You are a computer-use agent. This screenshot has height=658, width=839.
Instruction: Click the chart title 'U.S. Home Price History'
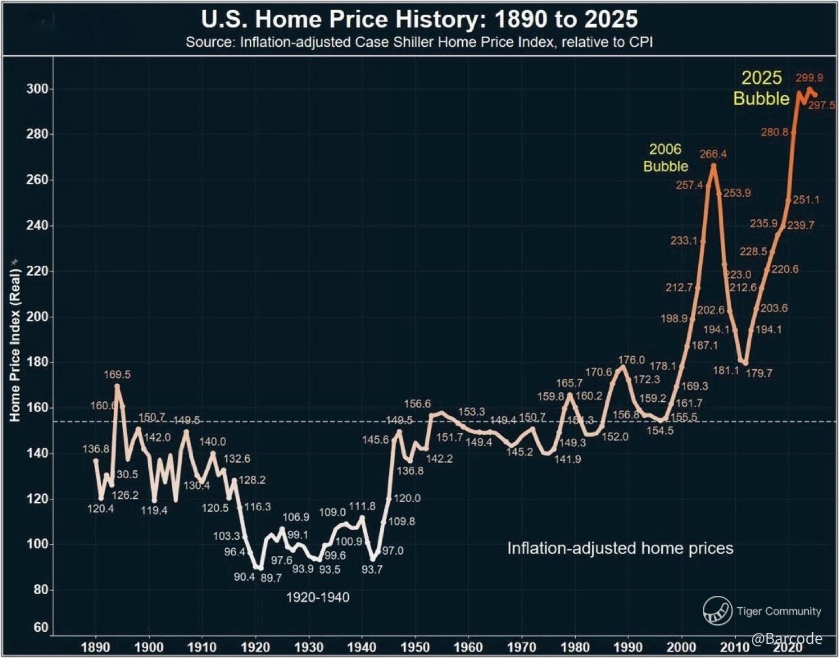(419, 19)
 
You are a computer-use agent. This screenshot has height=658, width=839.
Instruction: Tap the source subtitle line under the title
(419, 42)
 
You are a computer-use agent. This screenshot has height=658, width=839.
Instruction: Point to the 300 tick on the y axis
(38, 89)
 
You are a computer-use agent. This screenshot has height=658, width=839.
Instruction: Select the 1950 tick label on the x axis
(415, 647)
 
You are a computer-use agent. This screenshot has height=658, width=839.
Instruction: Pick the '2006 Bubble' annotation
(666, 158)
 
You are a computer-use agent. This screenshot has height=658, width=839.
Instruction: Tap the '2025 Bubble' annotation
(761, 88)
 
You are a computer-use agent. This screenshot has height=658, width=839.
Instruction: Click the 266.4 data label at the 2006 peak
(713, 154)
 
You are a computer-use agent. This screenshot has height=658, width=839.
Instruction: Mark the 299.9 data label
(809, 78)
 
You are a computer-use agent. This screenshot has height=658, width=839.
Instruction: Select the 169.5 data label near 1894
(117, 374)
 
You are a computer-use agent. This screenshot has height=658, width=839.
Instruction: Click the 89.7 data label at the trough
(271, 578)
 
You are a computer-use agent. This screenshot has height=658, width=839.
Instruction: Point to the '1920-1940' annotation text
(317, 598)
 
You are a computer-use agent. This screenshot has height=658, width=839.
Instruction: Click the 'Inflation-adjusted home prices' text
(620, 548)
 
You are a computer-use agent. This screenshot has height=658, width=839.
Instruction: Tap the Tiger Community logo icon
(717, 611)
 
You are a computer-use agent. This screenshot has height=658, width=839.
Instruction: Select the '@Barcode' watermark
(787, 638)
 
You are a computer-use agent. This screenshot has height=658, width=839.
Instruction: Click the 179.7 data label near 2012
(758, 373)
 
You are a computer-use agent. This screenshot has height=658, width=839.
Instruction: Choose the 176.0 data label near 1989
(632, 360)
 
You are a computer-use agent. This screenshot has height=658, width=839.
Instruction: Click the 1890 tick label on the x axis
(96, 647)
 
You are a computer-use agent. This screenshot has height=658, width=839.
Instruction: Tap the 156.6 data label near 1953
(417, 404)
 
